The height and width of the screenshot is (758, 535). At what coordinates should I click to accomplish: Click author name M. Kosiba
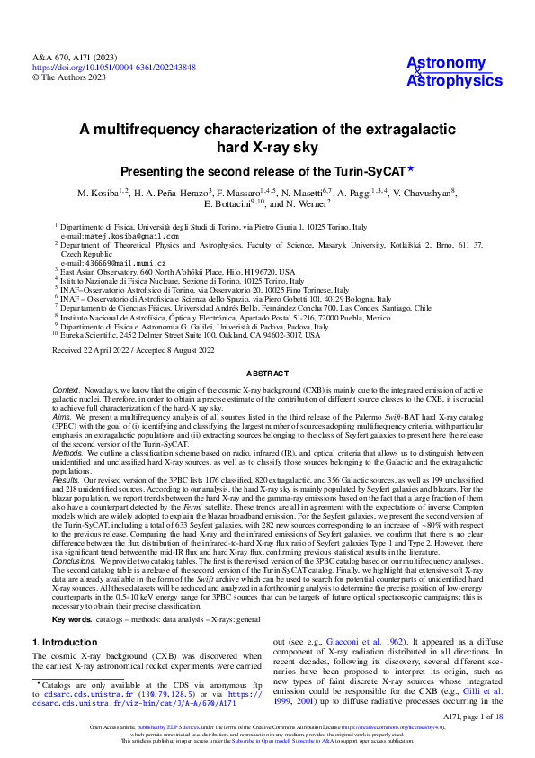click(x=103, y=194)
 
